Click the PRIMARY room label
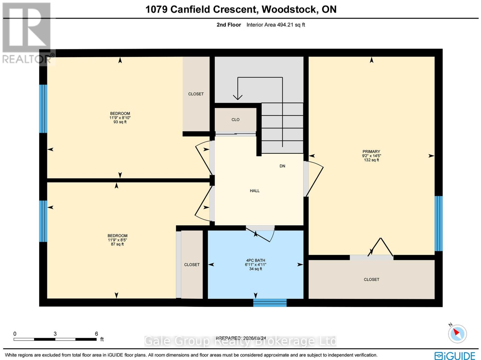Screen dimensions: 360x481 click(x=371, y=151)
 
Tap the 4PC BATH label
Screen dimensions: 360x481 click(x=256, y=261)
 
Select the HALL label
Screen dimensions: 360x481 click(x=255, y=191)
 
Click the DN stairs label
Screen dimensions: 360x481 click(x=282, y=166)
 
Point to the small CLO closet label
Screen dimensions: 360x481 click(x=235, y=120)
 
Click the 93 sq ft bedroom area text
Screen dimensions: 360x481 click(x=120, y=122)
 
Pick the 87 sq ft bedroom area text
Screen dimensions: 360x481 click(x=117, y=244)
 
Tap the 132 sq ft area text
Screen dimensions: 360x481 click(x=371, y=160)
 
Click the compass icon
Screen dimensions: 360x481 click(x=457, y=334)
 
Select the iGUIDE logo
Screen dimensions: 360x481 click(x=455, y=355)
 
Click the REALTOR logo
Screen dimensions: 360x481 click(x=27, y=33)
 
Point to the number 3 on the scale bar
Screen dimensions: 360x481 click(x=55, y=334)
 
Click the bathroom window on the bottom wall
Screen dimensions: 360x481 click(x=270, y=303)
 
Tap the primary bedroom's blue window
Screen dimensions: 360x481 click(x=439, y=223)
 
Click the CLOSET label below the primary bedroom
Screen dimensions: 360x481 click(x=371, y=279)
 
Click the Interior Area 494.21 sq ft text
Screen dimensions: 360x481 click(x=276, y=25)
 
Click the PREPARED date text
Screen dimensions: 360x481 click(x=240, y=338)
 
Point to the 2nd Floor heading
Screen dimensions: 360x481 click(x=229, y=25)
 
